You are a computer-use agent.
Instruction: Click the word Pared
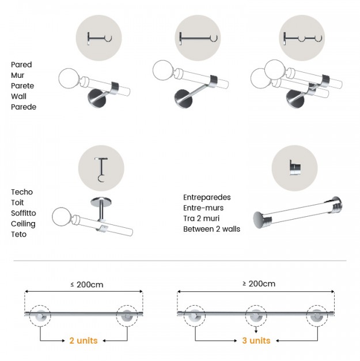[21, 65]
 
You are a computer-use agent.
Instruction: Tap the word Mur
[17, 76]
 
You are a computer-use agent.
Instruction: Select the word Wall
[18, 96]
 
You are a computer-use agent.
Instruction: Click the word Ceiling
[23, 224]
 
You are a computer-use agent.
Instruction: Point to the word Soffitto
[24, 213]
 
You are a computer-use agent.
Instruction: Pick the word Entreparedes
[207, 197]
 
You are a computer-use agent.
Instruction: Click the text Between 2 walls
[211, 229]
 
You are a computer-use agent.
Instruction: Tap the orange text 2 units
[84, 340]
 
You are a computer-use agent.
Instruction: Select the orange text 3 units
[256, 340]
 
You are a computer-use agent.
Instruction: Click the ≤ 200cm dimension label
[87, 284]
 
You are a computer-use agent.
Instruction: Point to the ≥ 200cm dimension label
[259, 284]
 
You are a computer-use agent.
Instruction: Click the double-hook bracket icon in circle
[302, 38]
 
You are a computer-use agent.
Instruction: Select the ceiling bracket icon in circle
[101, 170]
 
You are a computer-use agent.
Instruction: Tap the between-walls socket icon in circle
[295, 167]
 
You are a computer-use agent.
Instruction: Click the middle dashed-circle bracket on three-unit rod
[256, 315]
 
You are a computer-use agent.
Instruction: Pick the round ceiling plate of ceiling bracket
[101, 202]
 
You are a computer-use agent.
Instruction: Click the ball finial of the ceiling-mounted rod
[60, 217]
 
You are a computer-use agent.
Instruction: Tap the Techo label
[22, 192]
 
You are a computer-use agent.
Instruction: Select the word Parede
[24, 107]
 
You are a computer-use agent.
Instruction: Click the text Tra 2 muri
[201, 219]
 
